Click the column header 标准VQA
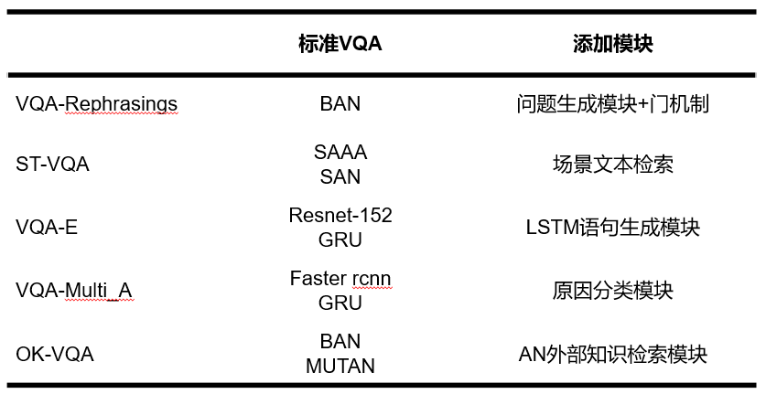coord(340,44)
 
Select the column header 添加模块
coord(612,44)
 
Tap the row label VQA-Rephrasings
coord(96,104)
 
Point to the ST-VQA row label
coord(52,165)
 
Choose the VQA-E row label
coord(47,228)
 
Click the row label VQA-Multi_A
coord(74,291)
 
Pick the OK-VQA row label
coord(55,353)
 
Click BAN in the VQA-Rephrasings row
coord(340,104)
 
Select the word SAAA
coord(340,152)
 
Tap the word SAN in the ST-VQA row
coord(340,176)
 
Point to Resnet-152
coord(340,216)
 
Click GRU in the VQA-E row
coord(340,240)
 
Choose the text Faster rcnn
coord(340,278)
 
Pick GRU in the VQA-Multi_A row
coord(340,303)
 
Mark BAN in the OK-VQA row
coord(340,341)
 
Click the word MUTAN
coord(340,366)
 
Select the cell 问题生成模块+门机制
coord(612,104)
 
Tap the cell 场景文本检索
coord(612,165)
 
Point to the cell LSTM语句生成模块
coord(612,228)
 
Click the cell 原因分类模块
coord(612,291)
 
